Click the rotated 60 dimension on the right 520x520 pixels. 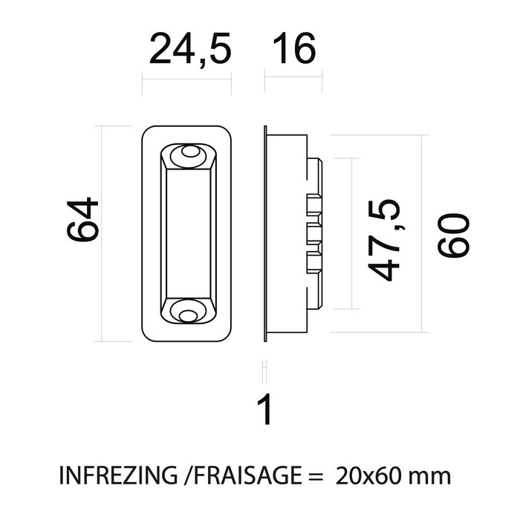(x=454, y=235)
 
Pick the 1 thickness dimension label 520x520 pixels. (x=264, y=410)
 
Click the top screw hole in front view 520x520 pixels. (x=188, y=156)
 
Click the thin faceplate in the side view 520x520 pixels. (x=266, y=235)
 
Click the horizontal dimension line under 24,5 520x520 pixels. (x=186, y=80)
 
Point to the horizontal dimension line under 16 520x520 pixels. (x=293, y=80)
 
